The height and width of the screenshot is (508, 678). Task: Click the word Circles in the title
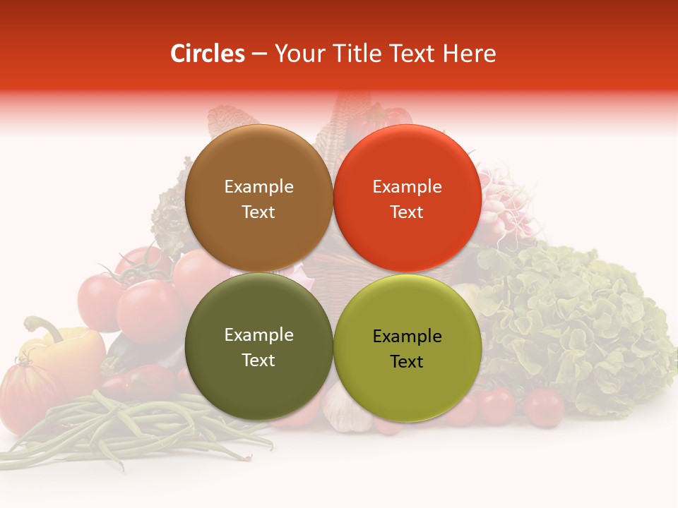(207, 54)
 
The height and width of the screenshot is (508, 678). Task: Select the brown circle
(258, 198)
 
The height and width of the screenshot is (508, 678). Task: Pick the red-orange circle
(407, 198)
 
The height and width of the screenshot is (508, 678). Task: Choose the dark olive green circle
(258, 346)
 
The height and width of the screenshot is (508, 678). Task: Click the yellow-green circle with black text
(407, 348)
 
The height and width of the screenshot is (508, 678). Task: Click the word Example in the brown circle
(258, 186)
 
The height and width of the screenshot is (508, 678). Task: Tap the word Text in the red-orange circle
(407, 212)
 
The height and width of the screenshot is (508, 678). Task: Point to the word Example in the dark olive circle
(258, 334)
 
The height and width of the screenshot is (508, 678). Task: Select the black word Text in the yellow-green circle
(407, 361)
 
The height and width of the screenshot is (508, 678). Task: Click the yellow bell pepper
(67, 353)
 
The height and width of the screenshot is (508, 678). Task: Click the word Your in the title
(297, 54)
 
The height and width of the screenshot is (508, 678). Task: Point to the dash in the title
(259, 54)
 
